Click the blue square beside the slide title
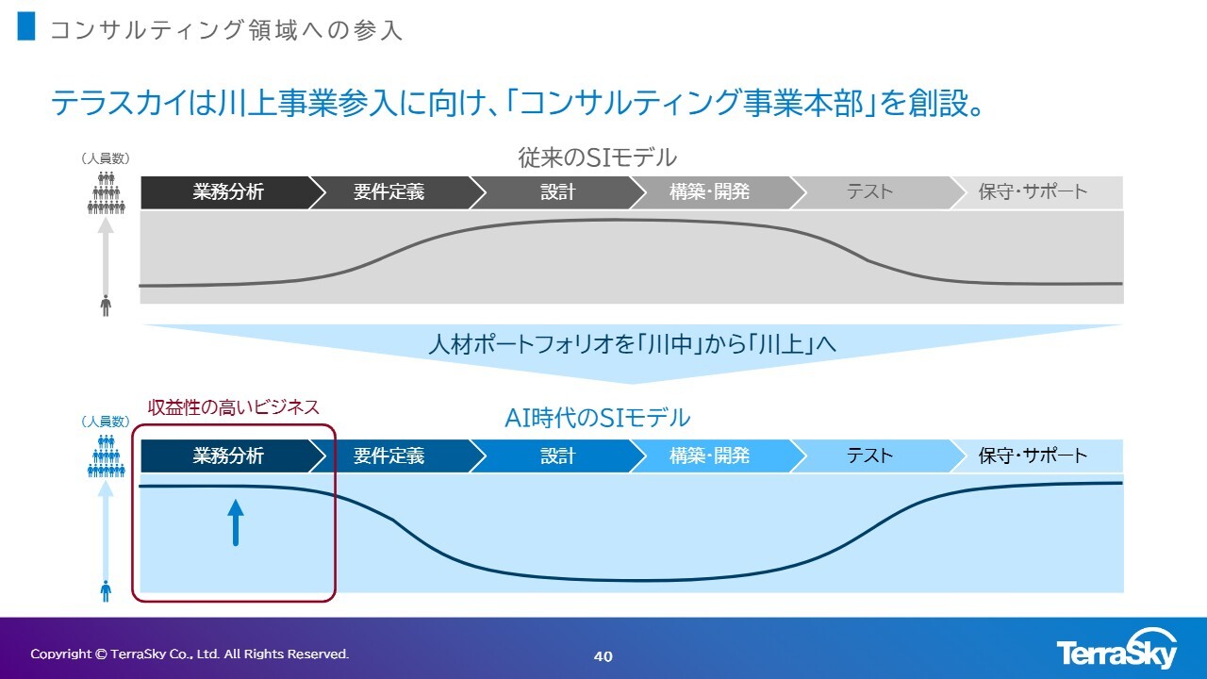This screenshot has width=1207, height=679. (x=26, y=25)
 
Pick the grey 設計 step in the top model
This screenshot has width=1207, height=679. (x=558, y=192)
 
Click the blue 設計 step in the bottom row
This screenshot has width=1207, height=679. (x=558, y=455)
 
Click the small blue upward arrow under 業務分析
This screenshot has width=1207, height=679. (x=236, y=522)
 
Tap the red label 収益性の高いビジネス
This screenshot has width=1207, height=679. (x=233, y=407)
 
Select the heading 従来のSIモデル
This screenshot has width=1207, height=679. (x=597, y=157)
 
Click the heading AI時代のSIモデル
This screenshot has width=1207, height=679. (x=597, y=418)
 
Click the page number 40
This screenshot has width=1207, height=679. (x=603, y=656)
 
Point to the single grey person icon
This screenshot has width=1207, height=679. (x=106, y=306)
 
